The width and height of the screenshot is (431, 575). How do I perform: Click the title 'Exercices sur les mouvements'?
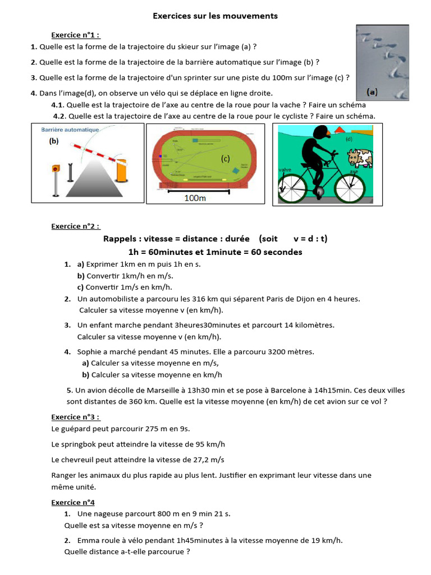215,16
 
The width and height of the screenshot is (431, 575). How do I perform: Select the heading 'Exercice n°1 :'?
75,35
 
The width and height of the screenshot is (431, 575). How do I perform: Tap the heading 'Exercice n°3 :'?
75,417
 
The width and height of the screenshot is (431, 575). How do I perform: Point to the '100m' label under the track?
195,198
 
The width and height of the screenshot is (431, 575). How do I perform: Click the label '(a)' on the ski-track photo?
372,91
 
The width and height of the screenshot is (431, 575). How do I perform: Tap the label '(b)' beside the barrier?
54,142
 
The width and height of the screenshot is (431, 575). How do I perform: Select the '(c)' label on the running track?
226,159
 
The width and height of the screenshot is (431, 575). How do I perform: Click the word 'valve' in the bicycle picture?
285,169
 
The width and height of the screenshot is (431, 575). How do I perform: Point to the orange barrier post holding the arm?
121,171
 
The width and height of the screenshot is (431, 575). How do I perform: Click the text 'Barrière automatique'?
70,130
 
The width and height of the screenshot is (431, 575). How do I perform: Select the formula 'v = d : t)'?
310,239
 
